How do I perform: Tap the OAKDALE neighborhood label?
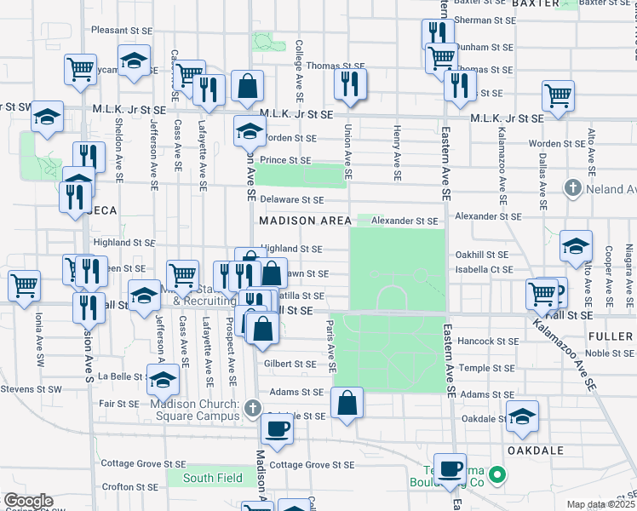537,449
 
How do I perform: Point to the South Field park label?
209,478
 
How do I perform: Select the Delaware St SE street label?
292,200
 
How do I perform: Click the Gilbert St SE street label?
290,364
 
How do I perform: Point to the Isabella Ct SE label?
484,269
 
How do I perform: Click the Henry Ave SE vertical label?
397,153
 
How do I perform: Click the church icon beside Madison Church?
252,409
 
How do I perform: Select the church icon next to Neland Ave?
574,187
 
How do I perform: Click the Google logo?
28,501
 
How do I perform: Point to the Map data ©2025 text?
601,504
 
